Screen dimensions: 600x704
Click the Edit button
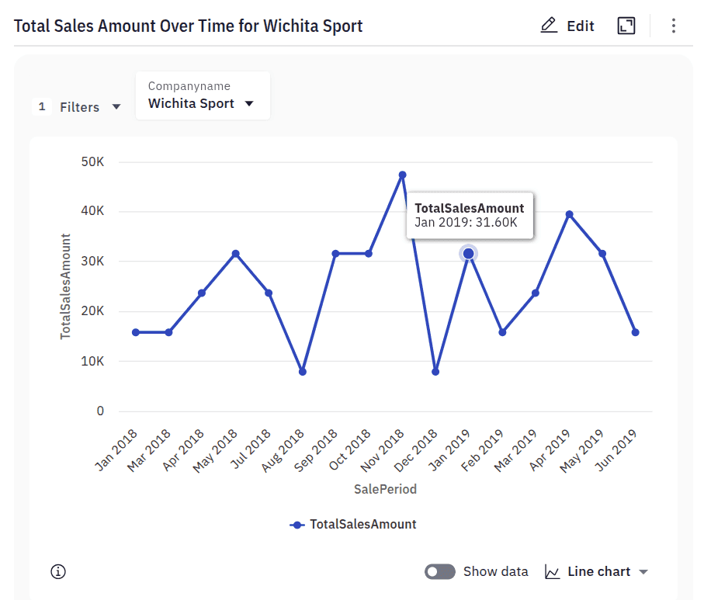pyautogui.click(x=567, y=26)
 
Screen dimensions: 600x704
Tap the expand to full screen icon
pyautogui.click(x=626, y=26)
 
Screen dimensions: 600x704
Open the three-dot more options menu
pyautogui.click(x=674, y=26)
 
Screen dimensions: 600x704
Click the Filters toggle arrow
pyautogui.click(x=116, y=107)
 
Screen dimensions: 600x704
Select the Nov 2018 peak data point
pyautogui.click(x=402, y=175)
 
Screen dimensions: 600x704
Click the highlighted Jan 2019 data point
pyautogui.click(x=469, y=254)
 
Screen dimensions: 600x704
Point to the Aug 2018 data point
pyautogui.click(x=302, y=372)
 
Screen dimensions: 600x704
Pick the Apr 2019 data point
pyautogui.click(x=569, y=214)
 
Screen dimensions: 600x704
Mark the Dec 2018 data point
pyautogui.click(x=435, y=372)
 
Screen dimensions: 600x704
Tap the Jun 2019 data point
pyautogui.click(x=636, y=332)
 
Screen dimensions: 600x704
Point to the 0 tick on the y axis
pyautogui.click(x=100, y=411)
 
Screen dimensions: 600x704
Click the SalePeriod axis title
pyautogui.click(x=385, y=489)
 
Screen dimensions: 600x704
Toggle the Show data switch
pyautogui.click(x=439, y=572)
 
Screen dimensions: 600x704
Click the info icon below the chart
pyautogui.click(x=58, y=572)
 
